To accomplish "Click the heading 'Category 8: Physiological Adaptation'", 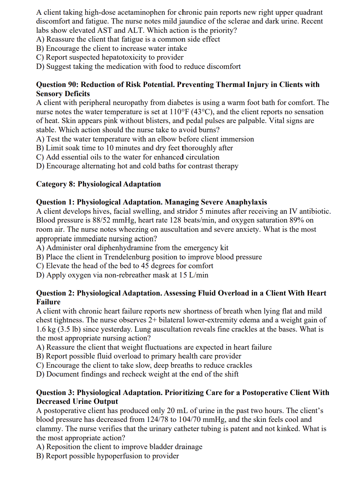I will pos(98,184).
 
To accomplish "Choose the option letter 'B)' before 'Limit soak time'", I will pos(40,148).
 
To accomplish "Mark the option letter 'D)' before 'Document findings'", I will pos(40,374).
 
